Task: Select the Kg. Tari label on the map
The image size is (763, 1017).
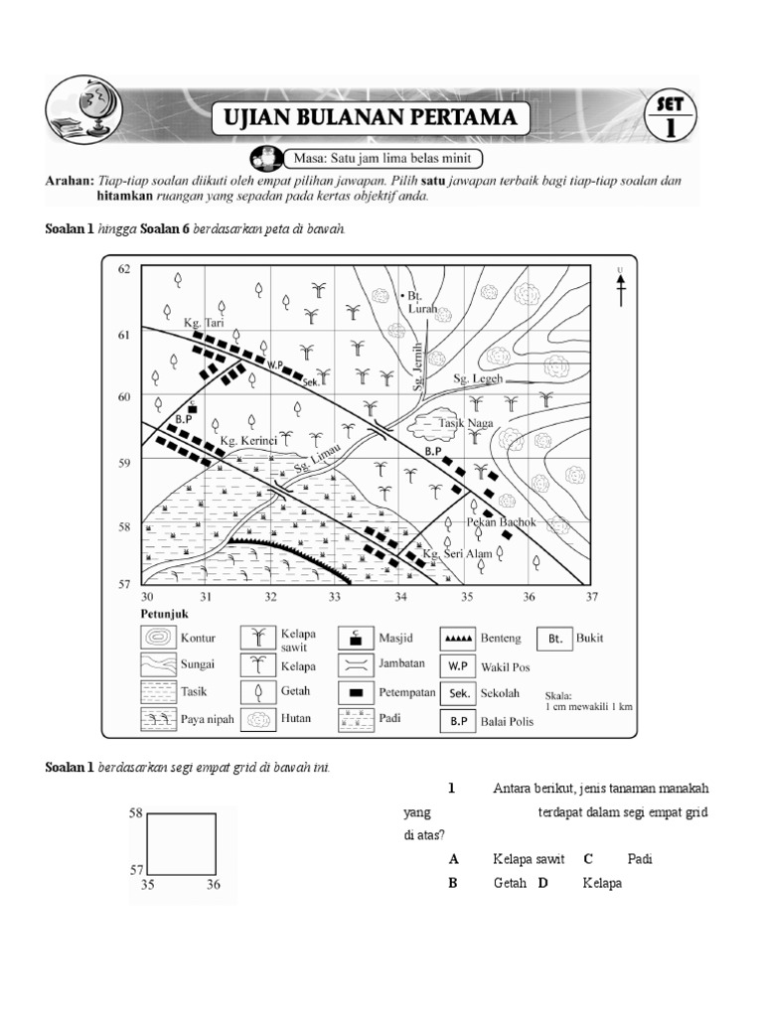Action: [x=205, y=323]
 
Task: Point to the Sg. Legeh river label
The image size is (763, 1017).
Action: [x=479, y=379]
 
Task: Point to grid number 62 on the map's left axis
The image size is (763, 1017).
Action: [x=124, y=269]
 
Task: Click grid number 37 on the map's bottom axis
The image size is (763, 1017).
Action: [x=593, y=597]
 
